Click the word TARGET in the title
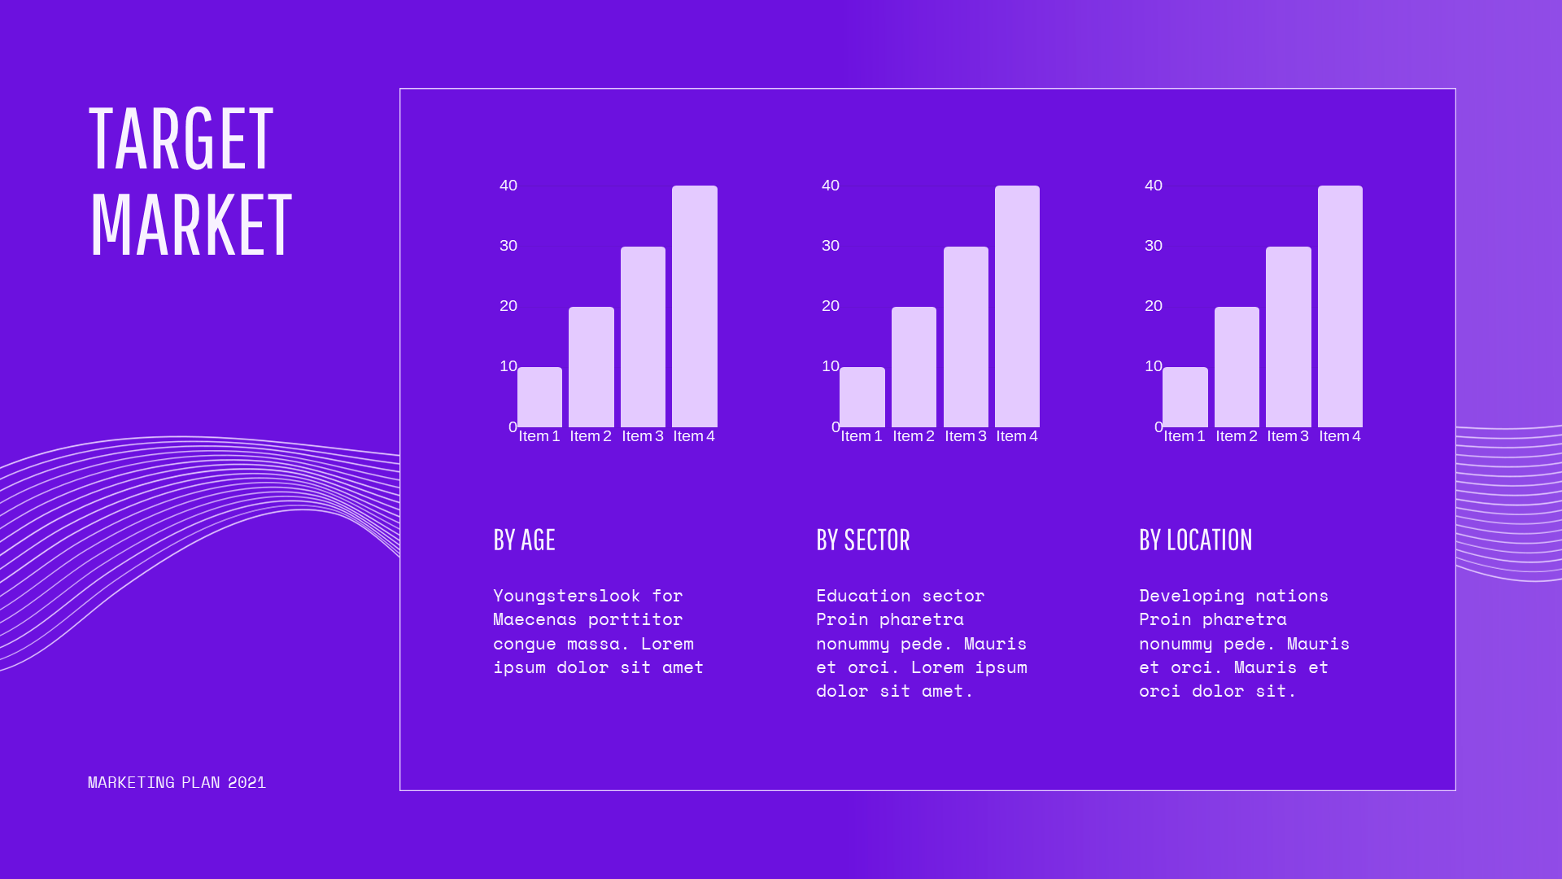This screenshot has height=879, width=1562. point(181,139)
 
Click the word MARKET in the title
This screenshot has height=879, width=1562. point(190,225)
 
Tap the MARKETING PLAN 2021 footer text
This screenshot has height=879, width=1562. point(177,782)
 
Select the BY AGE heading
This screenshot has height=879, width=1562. point(524,540)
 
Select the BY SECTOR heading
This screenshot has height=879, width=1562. point(863,540)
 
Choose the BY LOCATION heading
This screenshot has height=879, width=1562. point(1196,540)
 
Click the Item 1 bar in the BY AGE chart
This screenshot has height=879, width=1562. point(539,397)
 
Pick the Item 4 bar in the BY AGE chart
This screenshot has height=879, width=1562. point(695,306)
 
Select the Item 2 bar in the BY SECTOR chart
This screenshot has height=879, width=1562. point(914,367)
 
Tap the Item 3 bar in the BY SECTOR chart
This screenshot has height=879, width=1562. point(966,337)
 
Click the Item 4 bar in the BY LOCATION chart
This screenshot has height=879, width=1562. point(1340,306)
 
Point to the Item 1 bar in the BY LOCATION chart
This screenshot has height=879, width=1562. point(1185,397)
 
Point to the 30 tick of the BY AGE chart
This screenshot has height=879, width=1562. point(508,246)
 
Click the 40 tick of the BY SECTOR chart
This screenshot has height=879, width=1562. point(831,186)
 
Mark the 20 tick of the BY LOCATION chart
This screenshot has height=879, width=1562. point(1154,306)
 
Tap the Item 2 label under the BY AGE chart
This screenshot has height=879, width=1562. point(591,436)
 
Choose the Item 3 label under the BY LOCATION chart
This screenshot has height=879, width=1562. point(1288,436)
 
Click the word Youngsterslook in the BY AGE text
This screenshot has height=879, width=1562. point(566,596)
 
